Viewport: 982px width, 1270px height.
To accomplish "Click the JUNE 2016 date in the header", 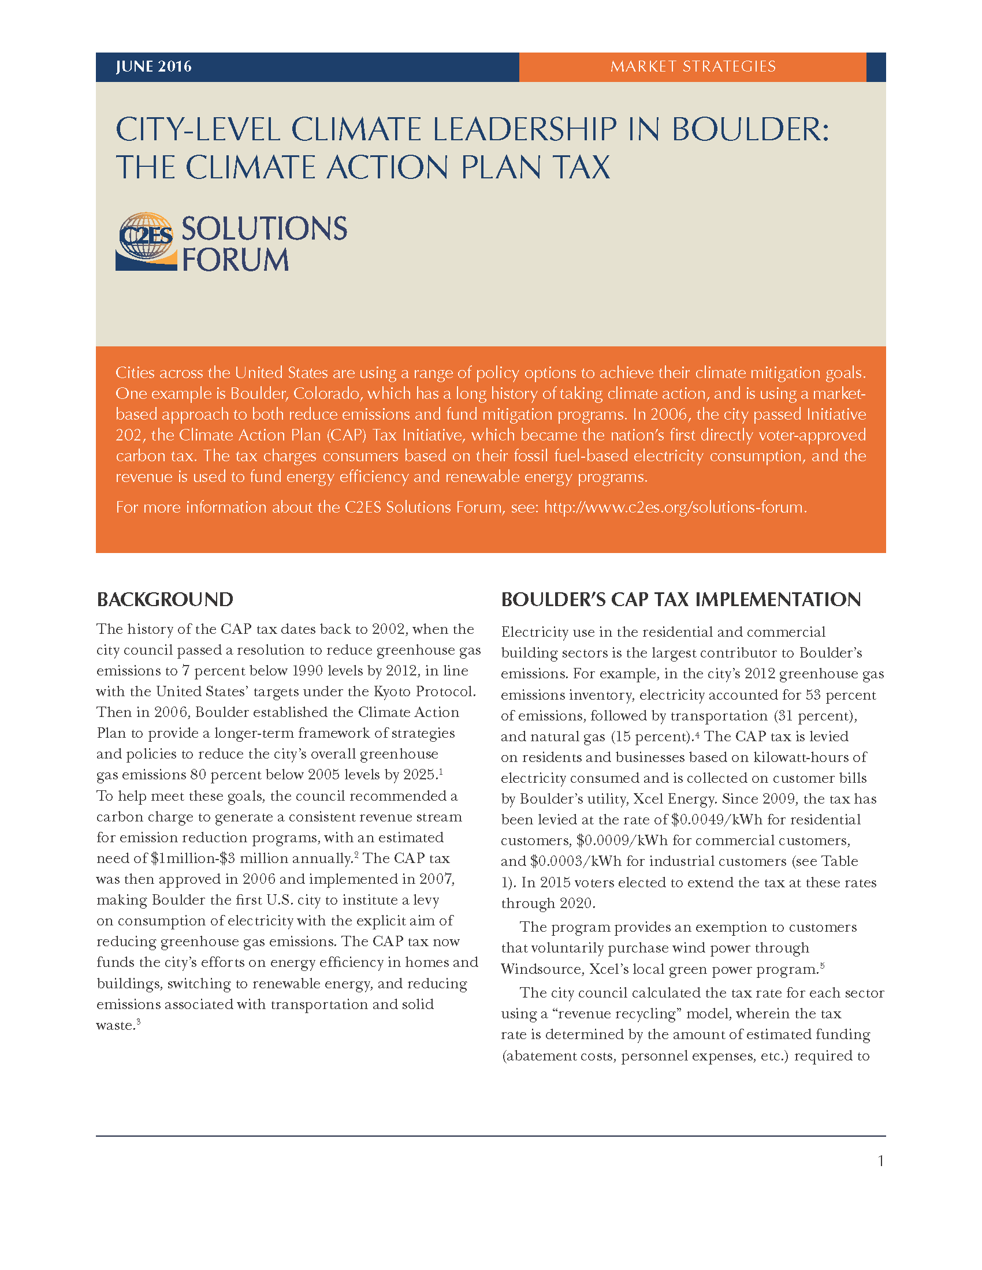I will coord(154,67).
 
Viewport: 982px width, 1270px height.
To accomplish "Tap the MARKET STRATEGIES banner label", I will coord(692,67).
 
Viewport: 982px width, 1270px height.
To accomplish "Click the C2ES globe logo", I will coord(146,241).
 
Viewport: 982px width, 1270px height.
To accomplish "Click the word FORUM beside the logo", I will coord(235,260).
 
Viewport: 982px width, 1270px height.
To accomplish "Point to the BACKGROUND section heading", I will coord(165,600).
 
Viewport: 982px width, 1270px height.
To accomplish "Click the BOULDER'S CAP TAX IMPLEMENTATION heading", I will coord(680,600).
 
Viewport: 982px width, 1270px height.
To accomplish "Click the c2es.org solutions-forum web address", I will coord(674,507).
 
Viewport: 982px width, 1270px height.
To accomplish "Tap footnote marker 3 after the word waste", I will coord(139,1022).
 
